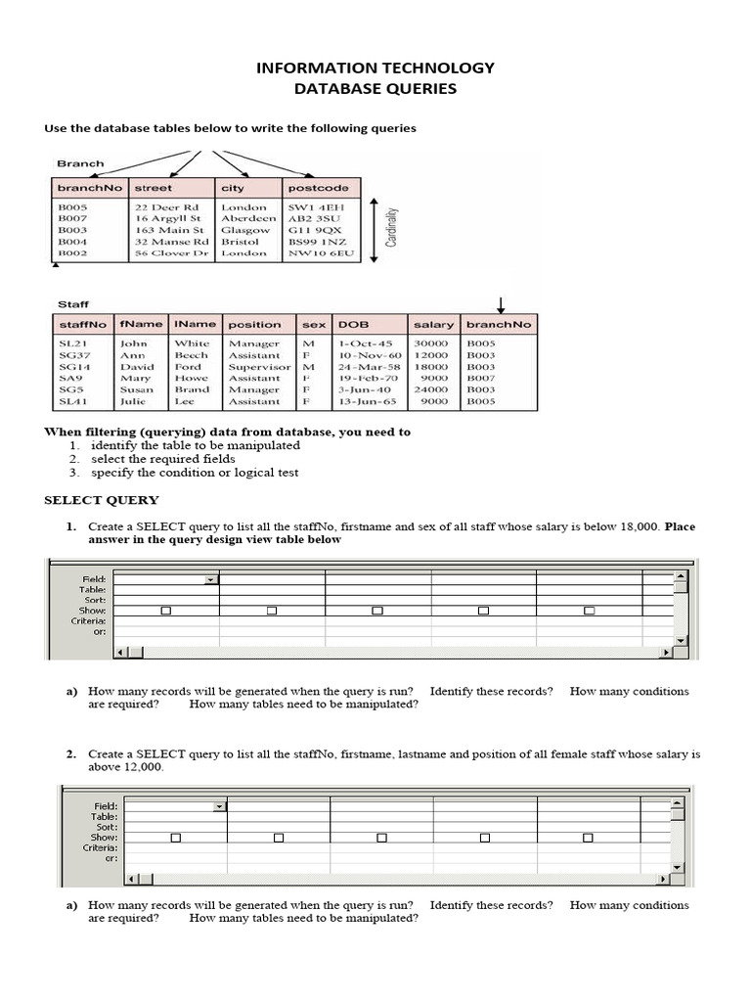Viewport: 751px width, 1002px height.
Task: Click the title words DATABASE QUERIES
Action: tap(375, 89)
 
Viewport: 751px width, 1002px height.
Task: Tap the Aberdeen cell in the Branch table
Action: tap(248, 219)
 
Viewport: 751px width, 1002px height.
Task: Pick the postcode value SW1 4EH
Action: tap(310, 207)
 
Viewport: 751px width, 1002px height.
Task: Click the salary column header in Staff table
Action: tap(433, 324)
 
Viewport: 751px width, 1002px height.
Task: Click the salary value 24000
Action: tap(431, 389)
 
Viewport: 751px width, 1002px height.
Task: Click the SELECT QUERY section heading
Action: tap(99, 500)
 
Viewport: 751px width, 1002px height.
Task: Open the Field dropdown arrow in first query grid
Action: tap(210, 580)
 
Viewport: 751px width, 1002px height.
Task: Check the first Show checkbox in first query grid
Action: tap(166, 611)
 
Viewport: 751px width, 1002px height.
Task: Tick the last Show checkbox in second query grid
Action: tap(589, 838)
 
